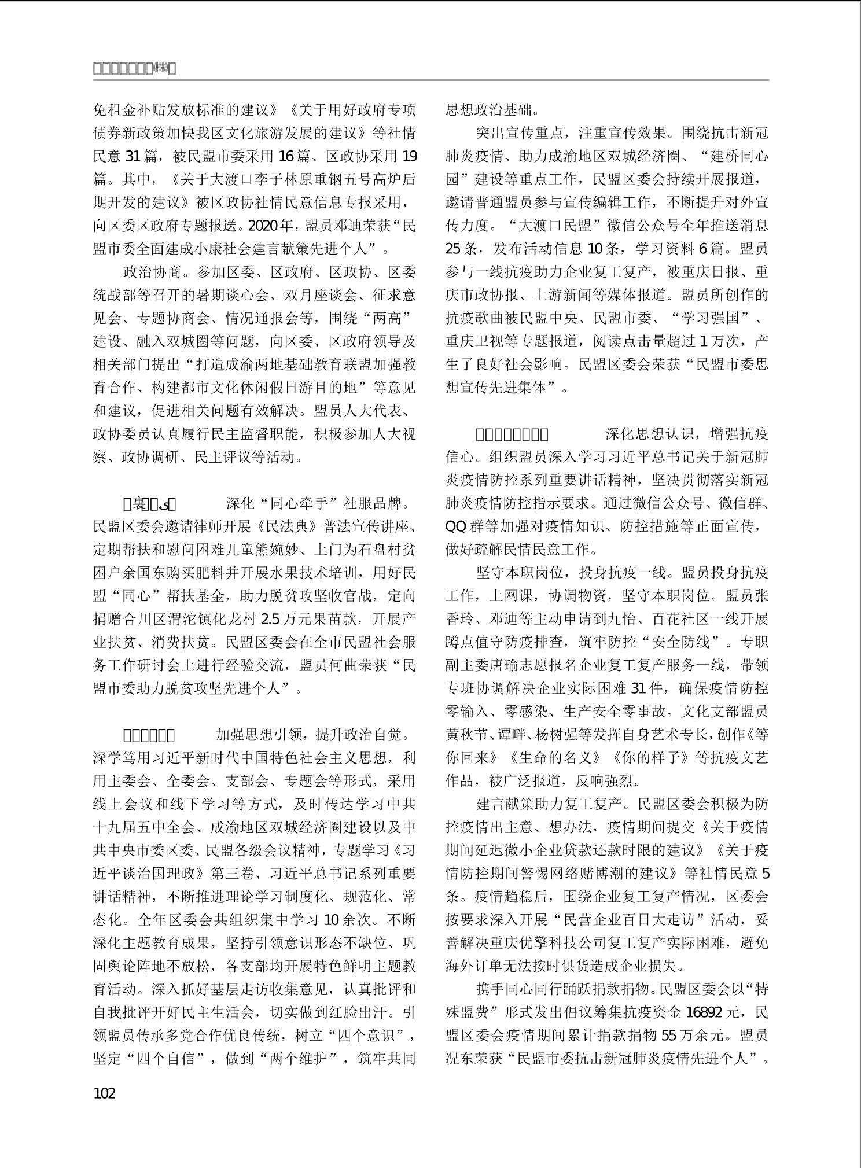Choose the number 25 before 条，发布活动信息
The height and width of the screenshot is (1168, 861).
coord(453,249)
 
